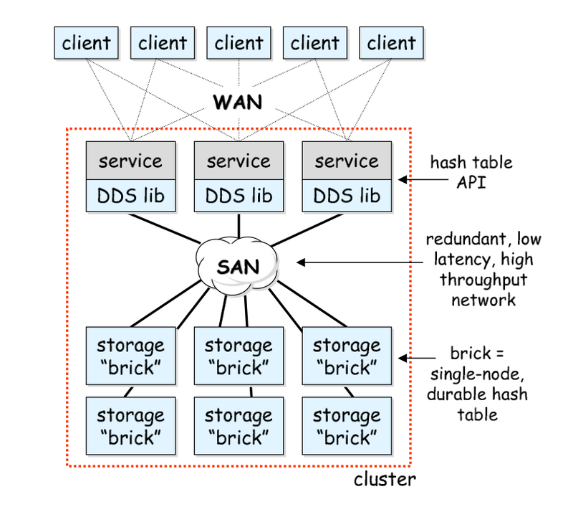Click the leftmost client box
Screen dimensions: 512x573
(87, 42)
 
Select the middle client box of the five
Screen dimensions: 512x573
(239, 42)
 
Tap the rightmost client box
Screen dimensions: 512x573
(391, 42)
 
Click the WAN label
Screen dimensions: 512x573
(238, 102)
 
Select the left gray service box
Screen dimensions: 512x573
(131, 160)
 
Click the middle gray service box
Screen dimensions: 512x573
(239, 160)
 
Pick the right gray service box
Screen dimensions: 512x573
(347, 160)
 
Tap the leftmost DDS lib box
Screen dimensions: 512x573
(131, 195)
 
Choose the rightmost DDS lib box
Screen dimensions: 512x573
(347, 195)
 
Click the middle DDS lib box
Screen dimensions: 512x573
(239, 195)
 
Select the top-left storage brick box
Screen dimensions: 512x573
(131, 357)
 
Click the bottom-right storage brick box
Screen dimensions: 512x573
(347, 425)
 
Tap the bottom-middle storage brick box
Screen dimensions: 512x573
(239, 425)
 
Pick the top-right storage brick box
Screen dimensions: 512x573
(347, 357)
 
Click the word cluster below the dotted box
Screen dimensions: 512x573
(384, 479)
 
